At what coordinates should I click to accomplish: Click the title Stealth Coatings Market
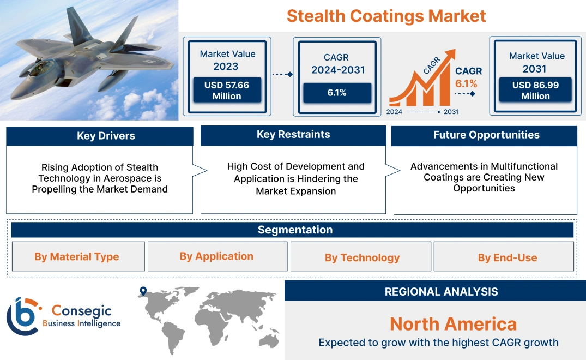[386, 16]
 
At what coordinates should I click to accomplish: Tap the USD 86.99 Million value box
[535, 90]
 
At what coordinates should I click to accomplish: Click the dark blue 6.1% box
[337, 93]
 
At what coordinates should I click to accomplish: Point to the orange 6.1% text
[466, 83]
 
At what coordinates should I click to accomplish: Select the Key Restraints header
[293, 135]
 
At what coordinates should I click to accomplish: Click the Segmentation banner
[295, 230]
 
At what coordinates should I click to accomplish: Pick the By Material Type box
[77, 257]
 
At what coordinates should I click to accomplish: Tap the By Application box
[217, 256]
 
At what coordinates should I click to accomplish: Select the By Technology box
[362, 257]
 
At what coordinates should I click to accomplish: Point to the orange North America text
[453, 324]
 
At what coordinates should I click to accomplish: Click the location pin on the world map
[143, 291]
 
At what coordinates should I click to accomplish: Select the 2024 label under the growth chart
[395, 112]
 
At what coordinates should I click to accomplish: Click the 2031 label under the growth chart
[451, 112]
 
